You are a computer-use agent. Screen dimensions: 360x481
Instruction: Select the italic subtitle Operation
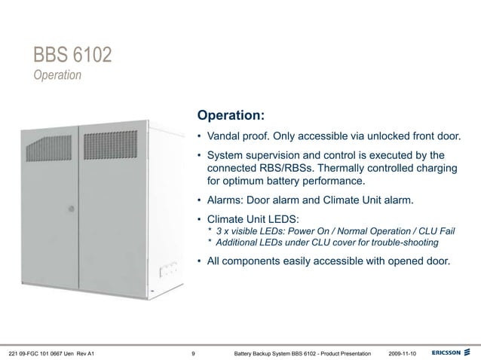[x=57, y=76]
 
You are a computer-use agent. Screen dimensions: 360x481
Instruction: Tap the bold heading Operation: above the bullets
[x=230, y=117]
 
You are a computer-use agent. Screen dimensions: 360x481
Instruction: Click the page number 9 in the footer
[x=195, y=352]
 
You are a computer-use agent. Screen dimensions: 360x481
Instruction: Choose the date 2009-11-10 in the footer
[x=406, y=352]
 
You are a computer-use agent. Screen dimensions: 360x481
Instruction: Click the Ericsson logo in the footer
[x=451, y=352]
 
